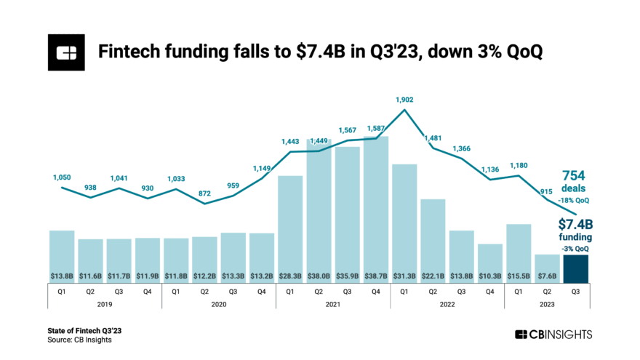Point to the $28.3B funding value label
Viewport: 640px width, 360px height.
(x=290, y=276)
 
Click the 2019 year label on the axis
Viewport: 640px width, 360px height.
(x=105, y=306)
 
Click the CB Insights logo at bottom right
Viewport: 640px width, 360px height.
(x=553, y=335)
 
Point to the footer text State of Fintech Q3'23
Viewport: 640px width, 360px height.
(x=85, y=331)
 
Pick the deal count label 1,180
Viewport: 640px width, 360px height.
(x=519, y=165)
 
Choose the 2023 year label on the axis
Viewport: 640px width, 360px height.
(x=547, y=306)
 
